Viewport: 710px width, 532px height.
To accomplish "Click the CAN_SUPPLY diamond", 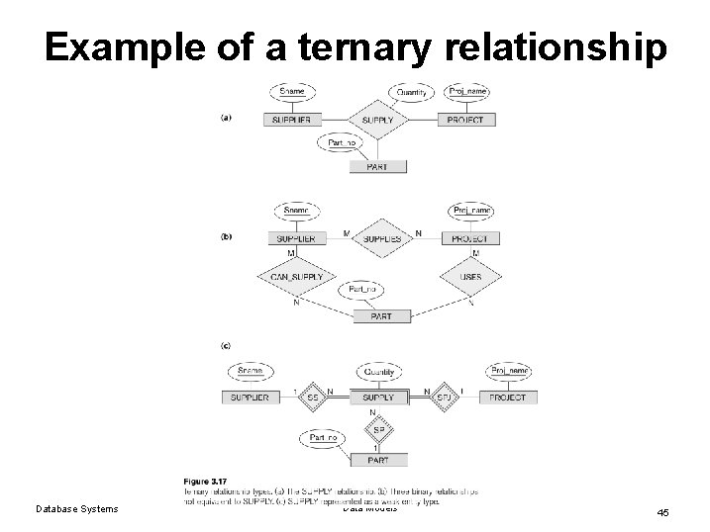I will [x=292, y=277].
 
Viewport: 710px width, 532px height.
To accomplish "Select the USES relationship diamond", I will [x=469, y=277].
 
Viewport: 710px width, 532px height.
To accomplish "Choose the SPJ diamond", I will [x=445, y=398].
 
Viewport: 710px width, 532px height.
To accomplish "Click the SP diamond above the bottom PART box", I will [x=377, y=431].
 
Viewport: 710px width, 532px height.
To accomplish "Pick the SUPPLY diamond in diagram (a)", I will [x=377, y=120].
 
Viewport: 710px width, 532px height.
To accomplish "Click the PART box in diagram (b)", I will [x=380, y=316].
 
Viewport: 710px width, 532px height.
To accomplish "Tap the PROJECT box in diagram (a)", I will [x=465, y=120].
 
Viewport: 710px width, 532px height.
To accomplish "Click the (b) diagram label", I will [x=226, y=237].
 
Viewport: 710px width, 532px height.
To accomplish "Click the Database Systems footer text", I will [x=76, y=509].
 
